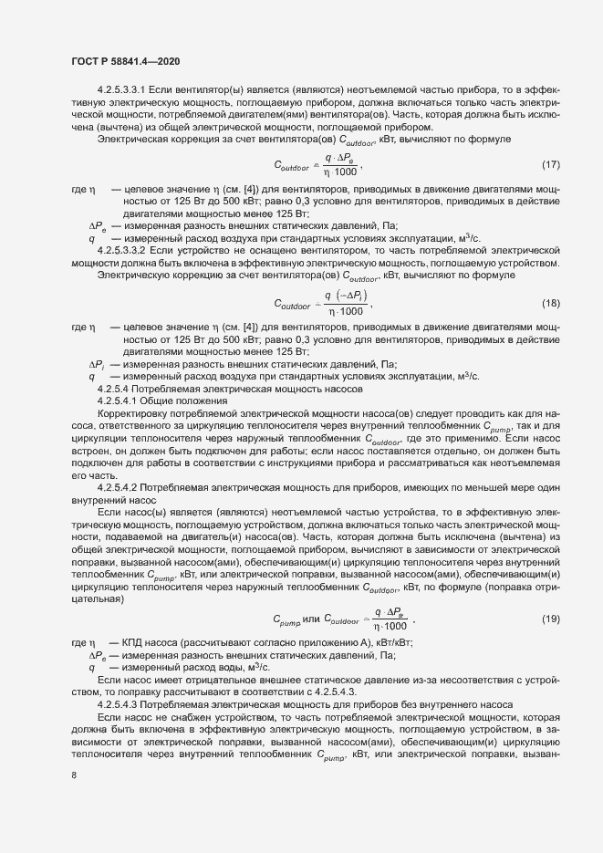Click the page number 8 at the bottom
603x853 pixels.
pyautogui.click(x=74, y=775)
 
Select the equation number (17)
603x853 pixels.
pyautogui.click(x=549, y=164)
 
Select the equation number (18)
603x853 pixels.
pyautogui.click(x=549, y=303)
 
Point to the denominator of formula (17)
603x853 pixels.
pyautogui.click(x=342, y=172)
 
